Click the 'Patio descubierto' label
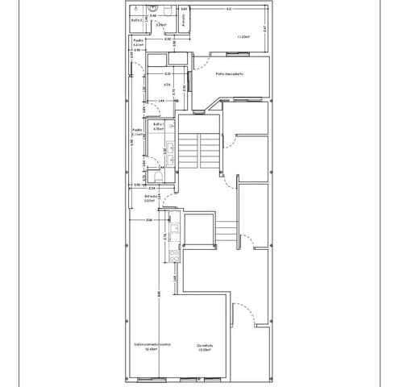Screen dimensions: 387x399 [x=230, y=74]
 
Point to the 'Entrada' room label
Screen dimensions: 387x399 [x=150, y=197]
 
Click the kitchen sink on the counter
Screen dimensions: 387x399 [x=172, y=231]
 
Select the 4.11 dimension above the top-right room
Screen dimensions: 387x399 [x=229, y=9]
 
